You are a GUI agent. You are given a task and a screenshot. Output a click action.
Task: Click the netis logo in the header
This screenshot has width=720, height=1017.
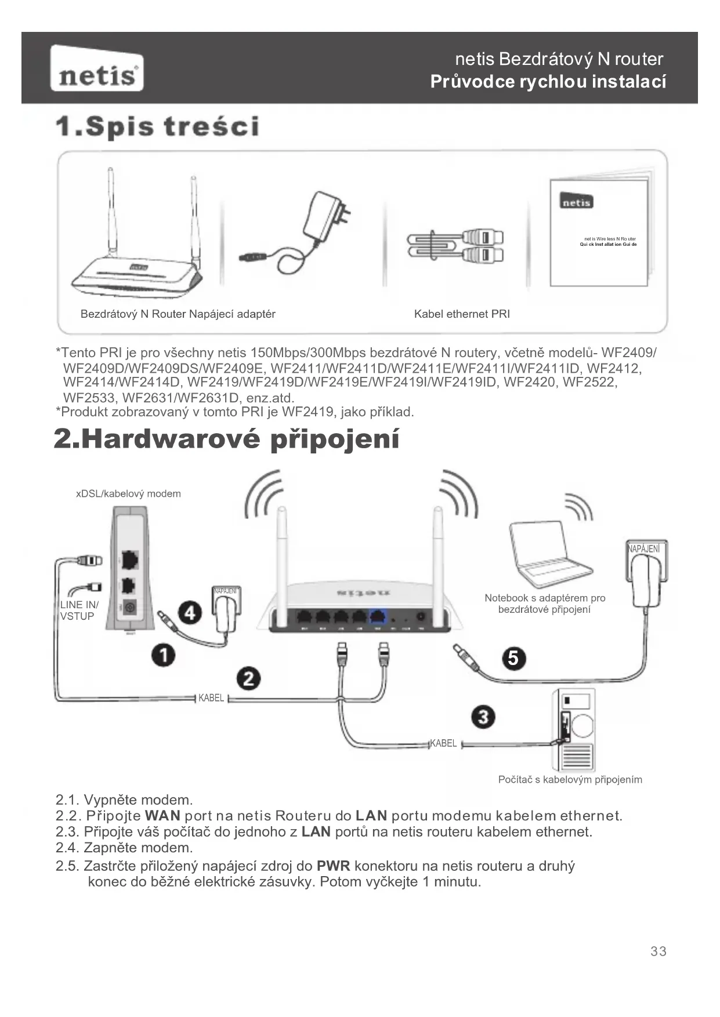tap(97, 69)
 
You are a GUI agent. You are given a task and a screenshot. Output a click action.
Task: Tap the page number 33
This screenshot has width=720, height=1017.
tap(658, 951)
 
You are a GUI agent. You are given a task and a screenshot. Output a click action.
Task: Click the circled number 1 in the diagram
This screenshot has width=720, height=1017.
tap(164, 655)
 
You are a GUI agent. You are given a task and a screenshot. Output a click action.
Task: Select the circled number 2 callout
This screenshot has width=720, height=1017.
tap(248, 678)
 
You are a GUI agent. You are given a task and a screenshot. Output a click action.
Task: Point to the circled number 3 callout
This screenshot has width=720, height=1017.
tap(483, 717)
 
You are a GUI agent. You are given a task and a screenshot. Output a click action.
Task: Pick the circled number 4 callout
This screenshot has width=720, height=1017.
tap(190, 613)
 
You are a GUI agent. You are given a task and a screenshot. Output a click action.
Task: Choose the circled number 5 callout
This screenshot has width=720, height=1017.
tap(513, 658)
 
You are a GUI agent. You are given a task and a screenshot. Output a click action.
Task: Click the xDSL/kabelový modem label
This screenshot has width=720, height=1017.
tap(128, 494)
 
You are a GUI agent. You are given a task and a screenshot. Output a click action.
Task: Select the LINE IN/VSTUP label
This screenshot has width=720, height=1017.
tap(79, 611)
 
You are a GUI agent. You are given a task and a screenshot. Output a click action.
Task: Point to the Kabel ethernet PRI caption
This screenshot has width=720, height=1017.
tap(462, 314)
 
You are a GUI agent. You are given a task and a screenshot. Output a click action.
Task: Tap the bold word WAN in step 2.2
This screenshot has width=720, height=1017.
tap(162, 816)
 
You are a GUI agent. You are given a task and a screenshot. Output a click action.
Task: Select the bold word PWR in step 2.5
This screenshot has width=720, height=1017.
tap(333, 866)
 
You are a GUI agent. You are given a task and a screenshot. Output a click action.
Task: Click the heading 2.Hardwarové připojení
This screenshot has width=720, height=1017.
tap(226, 439)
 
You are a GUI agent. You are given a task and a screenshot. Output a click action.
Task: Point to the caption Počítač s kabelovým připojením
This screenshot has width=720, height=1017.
tap(570, 780)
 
